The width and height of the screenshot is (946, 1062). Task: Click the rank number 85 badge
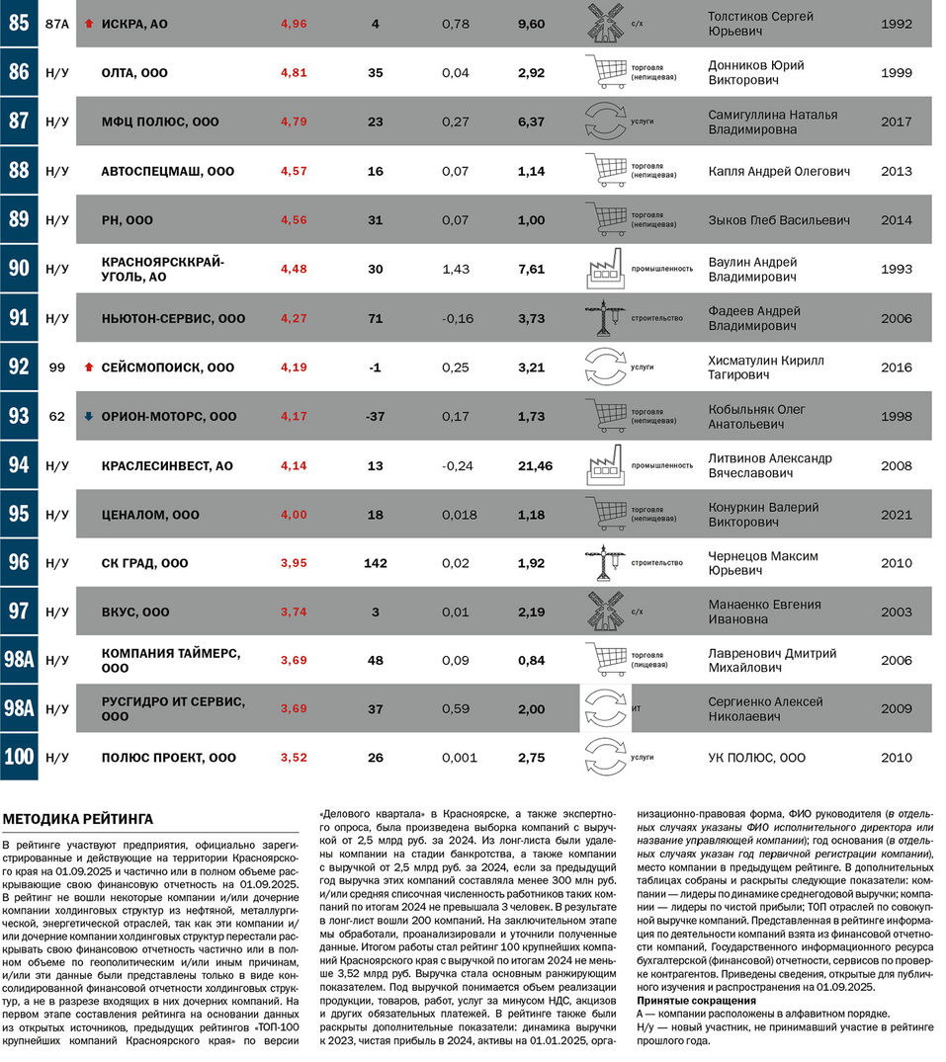coord(19,24)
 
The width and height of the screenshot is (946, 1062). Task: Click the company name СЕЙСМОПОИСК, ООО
coord(167,368)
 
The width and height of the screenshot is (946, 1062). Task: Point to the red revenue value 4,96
coord(294,24)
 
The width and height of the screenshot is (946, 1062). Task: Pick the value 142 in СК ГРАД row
coord(375,563)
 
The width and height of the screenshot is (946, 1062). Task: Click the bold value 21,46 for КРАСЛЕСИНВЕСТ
coord(531,465)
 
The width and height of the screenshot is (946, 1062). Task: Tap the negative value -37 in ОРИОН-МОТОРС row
coord(375,417)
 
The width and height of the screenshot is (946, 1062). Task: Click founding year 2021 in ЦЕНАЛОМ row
coord(896,515)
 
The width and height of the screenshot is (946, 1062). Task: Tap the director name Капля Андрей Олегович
coord(779,171)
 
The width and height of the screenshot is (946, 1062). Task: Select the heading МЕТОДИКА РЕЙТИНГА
coord(78,819)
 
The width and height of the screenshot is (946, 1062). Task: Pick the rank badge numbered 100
coord(19,759)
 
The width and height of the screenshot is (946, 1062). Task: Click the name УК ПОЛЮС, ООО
coord(756,758)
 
